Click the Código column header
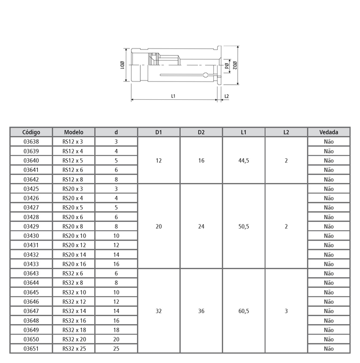(31, 132)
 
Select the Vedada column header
(328, 132)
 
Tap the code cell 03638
(31, 142)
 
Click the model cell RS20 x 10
(74, 236)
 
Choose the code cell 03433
(31, 264)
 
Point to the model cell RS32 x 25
(74, 348)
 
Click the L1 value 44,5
(244, 161)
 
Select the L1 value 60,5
(244, 311)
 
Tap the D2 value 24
(201, 227)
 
